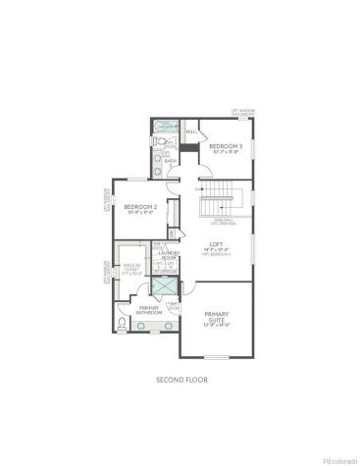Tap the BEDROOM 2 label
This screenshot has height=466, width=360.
click(x=140, y=206)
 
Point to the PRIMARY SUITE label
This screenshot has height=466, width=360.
click(x=217, y=317)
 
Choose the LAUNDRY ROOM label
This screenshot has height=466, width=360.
click(x=168, y=255)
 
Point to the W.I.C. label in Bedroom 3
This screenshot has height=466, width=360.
click(x=191, y=130)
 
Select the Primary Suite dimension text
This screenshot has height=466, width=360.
click(x=217, y=325)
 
